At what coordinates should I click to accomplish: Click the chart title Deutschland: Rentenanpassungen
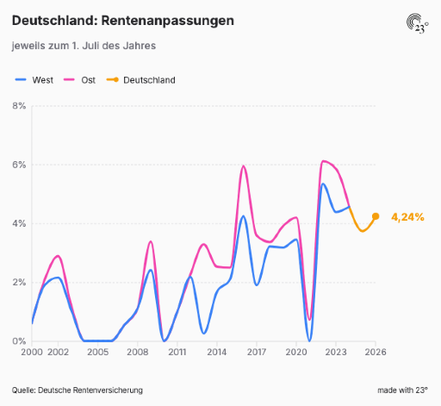123,21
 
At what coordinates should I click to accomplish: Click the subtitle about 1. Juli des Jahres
84,46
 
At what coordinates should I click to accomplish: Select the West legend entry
34,80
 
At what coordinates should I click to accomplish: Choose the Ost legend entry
79,80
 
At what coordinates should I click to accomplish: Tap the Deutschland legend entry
140,80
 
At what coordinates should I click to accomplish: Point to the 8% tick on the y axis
19,106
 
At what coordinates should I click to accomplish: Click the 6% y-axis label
19,165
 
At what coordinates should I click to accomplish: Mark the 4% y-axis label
19,223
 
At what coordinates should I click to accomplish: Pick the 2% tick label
19,283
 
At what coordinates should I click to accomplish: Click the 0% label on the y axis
19,341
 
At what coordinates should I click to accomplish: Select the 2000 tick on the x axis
32,352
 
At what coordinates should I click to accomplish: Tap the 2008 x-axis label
138,352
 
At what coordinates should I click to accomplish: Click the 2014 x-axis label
217,352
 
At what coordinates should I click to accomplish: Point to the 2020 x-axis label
296,352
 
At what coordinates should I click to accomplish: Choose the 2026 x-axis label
376,352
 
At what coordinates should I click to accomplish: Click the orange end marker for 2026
376,216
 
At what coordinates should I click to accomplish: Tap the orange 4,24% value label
407,217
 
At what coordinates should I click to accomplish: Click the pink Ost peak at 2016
243,166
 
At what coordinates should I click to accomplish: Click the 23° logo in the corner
418,23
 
